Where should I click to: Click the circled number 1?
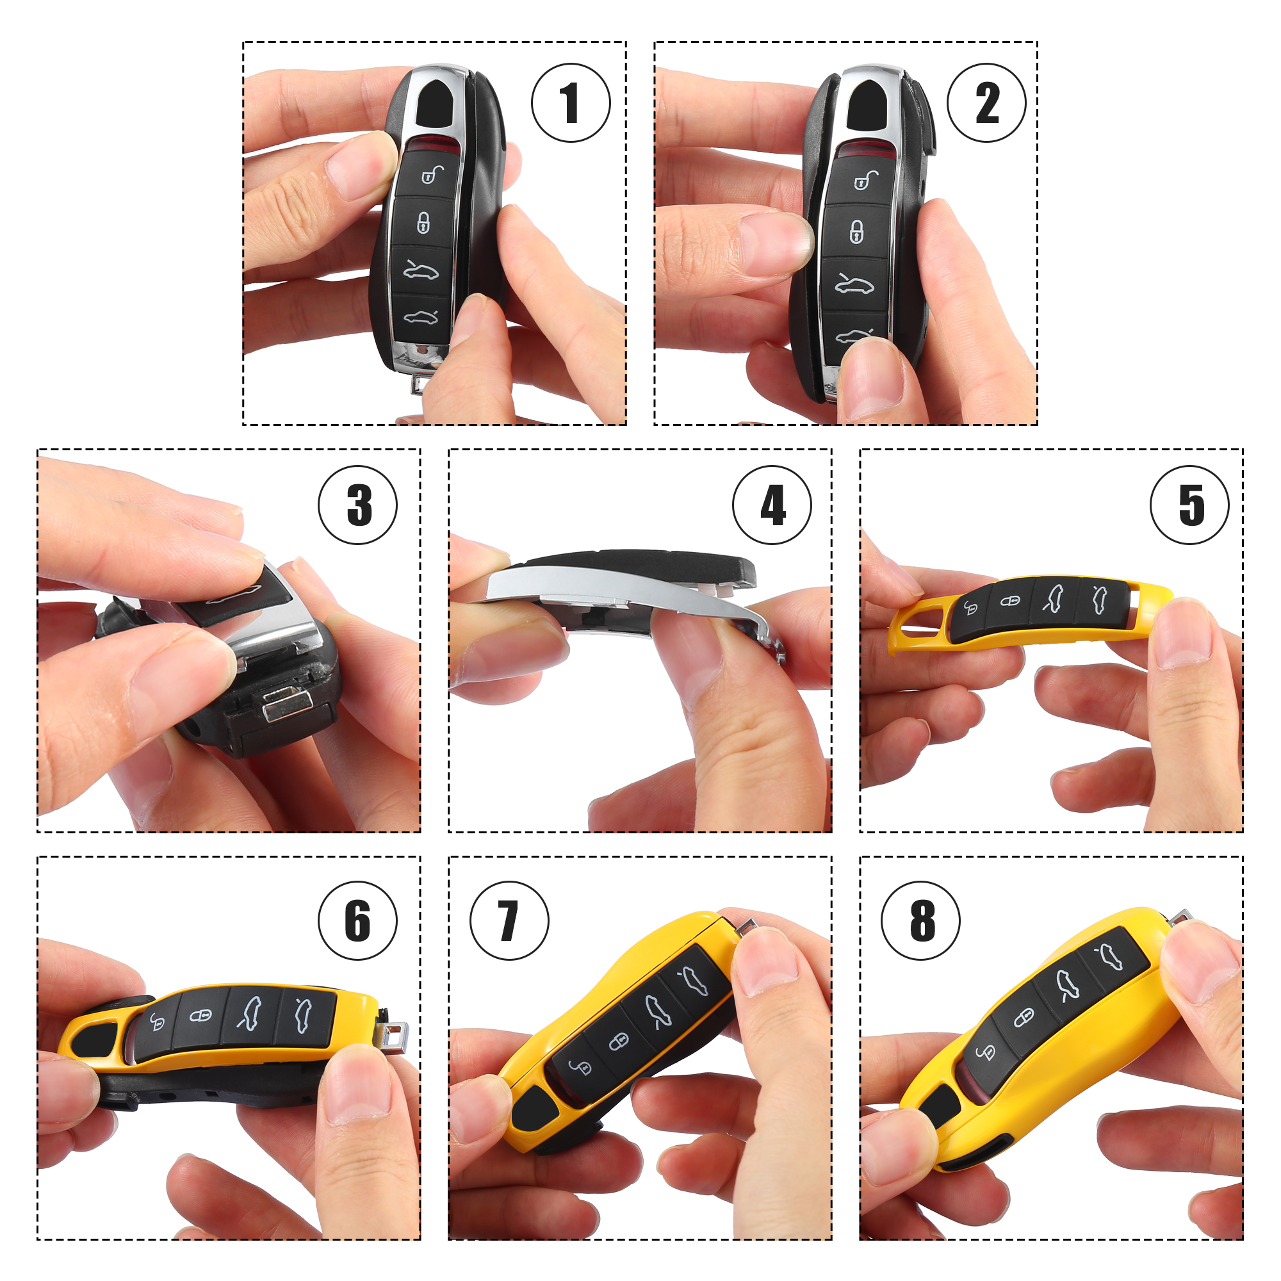point(570,102)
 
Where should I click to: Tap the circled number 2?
point(986,102)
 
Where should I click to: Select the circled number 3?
point(358,505)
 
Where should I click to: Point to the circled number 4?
point(772,505)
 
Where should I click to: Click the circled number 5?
point(1190,505)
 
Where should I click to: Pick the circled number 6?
point(358,921)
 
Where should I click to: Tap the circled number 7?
point(509,921)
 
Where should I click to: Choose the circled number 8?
point(921,921)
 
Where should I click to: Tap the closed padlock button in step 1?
point(423,223)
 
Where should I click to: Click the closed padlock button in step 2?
point(856,231)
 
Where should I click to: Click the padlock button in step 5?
point(1010,601)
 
